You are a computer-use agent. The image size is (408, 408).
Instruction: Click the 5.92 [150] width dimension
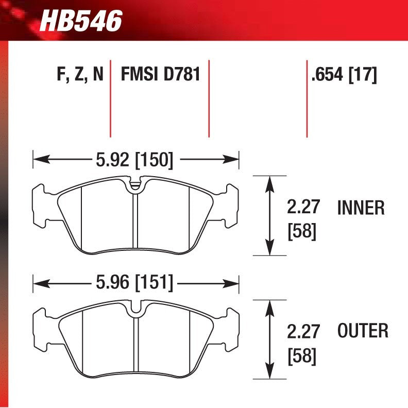[133, 160]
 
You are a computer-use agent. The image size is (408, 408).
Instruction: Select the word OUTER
[363, 331]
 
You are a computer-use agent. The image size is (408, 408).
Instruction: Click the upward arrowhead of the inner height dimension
[268, 181]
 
